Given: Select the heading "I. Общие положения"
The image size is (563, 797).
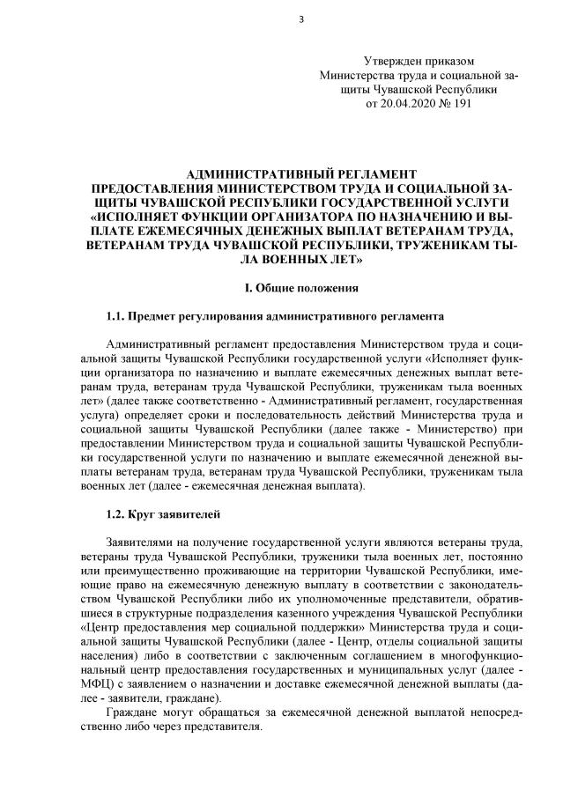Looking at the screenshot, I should (x=300, y=287).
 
